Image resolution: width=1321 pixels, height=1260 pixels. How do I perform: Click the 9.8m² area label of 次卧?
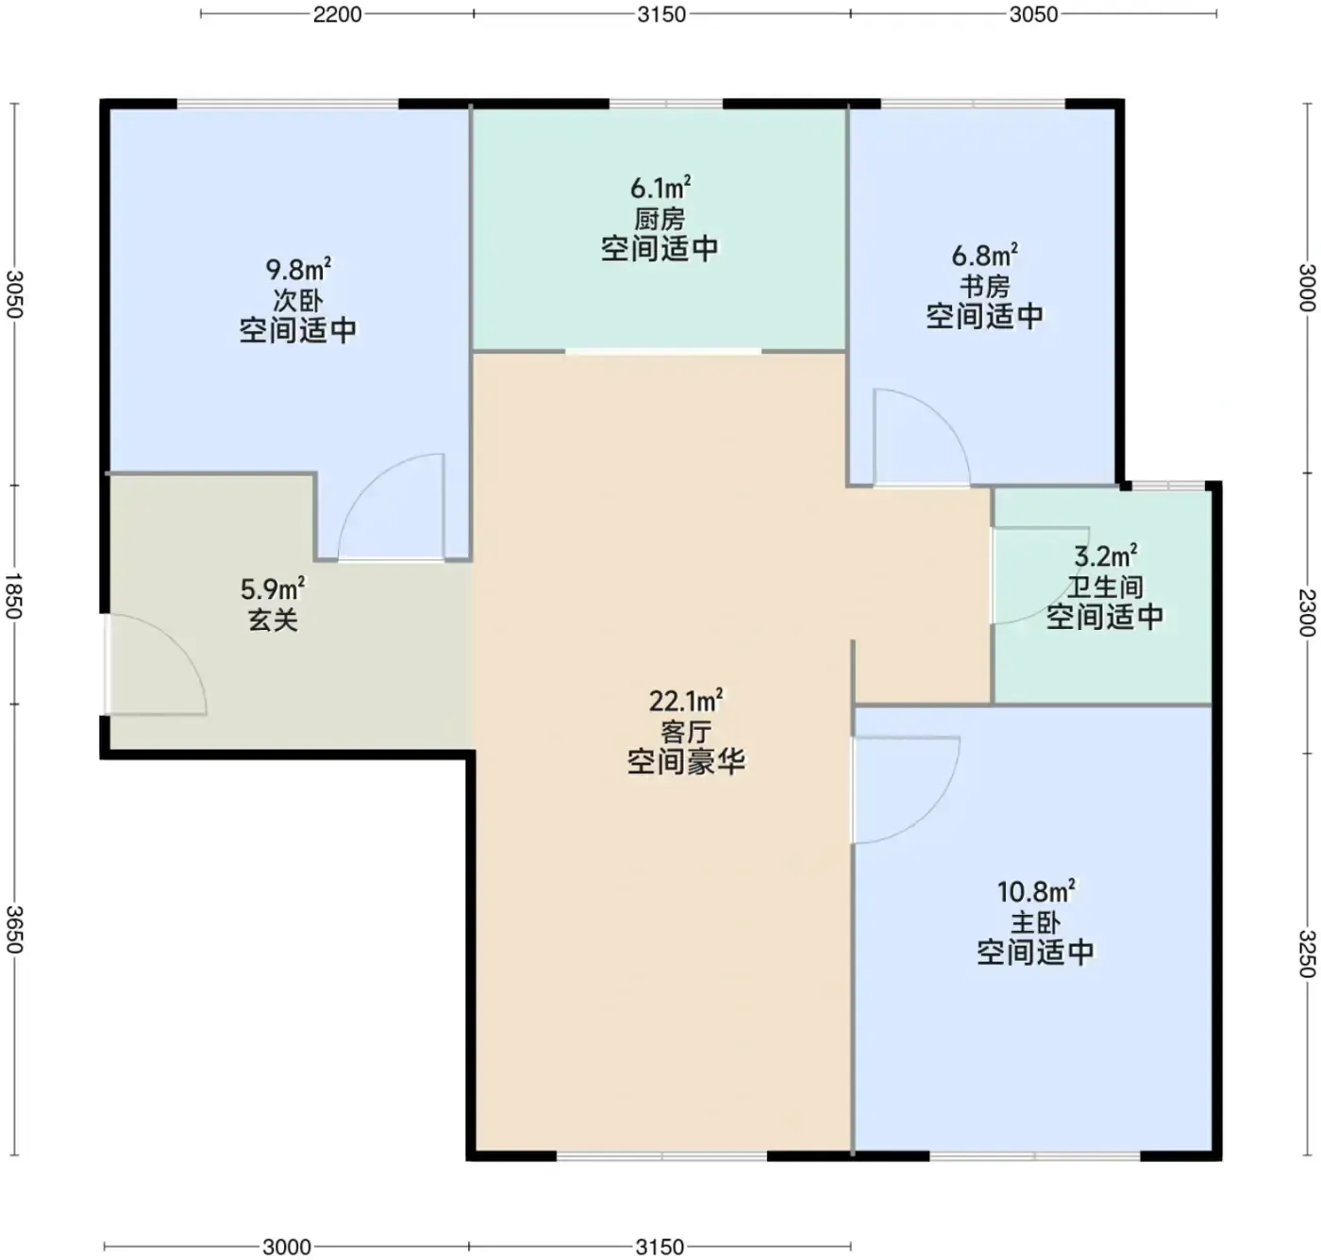pos(298,270)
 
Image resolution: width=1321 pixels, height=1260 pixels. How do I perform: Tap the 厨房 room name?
pos(660,219)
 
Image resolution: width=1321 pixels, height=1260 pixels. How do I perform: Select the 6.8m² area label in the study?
pos(984,256)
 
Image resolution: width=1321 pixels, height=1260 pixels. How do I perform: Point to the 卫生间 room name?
pos(1105,587)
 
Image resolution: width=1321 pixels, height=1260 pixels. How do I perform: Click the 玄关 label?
pos(273,620)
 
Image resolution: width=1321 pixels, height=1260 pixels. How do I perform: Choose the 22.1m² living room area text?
pos(685,701)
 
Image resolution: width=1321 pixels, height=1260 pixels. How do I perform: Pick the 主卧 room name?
pos(1035,922)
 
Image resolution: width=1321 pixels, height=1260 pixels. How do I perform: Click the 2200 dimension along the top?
pos(337,14)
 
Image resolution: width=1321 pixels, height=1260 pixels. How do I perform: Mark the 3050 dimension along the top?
pos(1033,14)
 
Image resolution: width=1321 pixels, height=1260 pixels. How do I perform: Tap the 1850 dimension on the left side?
pos(14,596)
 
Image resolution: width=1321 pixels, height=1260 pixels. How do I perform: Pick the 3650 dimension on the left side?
pos(14,930)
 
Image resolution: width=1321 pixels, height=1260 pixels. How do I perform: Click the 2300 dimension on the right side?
pos(1306,612)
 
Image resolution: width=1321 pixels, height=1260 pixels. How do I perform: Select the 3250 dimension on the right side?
pos(1306,953)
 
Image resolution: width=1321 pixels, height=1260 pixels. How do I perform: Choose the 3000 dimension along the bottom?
pos(286,1247)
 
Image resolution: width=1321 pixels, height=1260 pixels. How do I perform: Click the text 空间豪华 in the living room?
pos(686,762)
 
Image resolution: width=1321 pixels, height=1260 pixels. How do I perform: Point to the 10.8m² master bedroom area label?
pos(1035,892)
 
